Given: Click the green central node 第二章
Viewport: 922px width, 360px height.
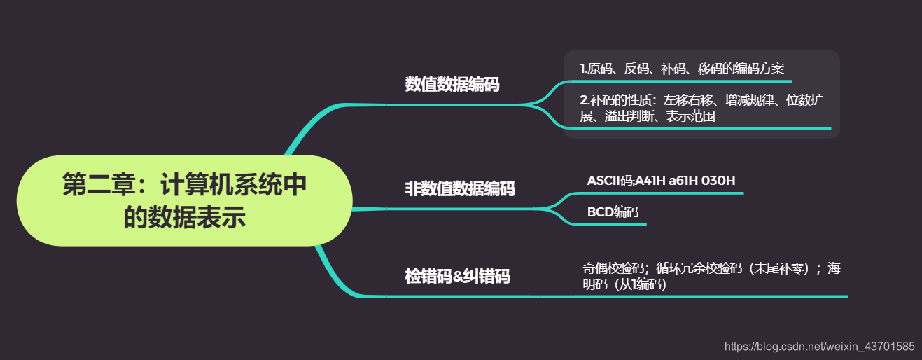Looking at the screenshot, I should click(x=183, y=200).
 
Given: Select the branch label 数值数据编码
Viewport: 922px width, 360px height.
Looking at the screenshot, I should click(x=452, y=85).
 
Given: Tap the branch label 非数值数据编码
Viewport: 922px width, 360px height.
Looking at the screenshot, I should click(x=460, y=188).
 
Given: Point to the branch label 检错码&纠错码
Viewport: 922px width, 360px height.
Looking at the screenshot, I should click(x=458, y=276).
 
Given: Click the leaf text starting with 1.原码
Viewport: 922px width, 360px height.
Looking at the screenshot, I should click(x=682, y=69).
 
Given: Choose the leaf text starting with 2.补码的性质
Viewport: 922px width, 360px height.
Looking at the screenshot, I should click(x=701, y=108).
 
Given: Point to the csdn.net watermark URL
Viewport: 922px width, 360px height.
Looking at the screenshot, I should click(x=819, y=346).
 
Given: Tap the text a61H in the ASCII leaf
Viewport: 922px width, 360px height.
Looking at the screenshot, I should click(x=682, y=181).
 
